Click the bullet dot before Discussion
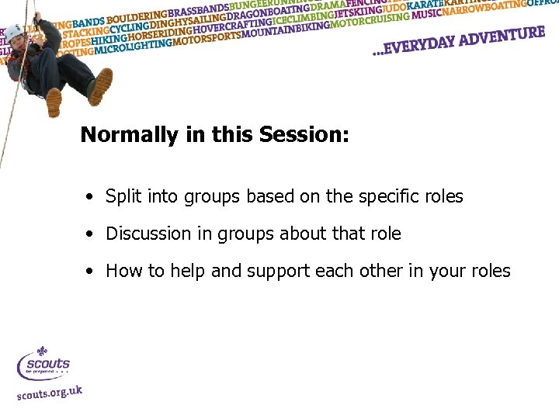click(92, 234)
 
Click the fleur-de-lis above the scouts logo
click(43, 352)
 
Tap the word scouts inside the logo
click(48, 364)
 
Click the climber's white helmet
click(13, 32)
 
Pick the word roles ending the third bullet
click(491, 271)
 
